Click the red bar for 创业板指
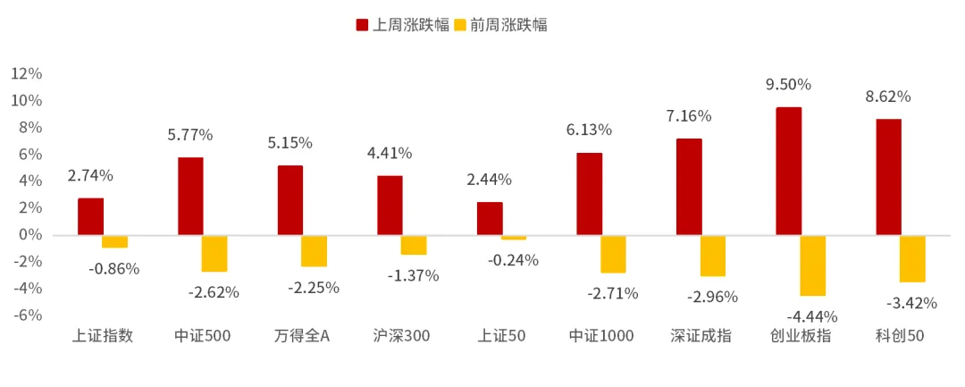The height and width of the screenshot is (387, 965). tap(788, 171)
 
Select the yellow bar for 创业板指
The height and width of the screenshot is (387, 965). tap(813, 265)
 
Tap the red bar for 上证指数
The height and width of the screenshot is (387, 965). tap(90, 216)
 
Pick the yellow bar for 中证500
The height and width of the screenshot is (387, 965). tap(214, 253)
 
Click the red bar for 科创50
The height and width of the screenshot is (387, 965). tap(888, 177)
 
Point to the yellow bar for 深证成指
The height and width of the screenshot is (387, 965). tap(713, 256)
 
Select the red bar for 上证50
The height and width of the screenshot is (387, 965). tap(490, 218)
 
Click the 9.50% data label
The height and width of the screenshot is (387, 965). tap(788, 85)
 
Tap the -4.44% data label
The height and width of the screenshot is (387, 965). tap(811, 316)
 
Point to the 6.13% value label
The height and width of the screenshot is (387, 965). tap(589, 130)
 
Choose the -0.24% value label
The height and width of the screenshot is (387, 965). tap(513, 260)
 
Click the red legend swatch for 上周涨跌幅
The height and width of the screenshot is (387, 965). tap(362, 25)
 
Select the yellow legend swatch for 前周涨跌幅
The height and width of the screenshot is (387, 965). tap(460, 25)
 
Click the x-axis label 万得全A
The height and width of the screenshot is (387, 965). tap(301, 336)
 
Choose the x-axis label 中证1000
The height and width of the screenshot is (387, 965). tap(601, 336)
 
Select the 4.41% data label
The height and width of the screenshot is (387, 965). tap(390, 153)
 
